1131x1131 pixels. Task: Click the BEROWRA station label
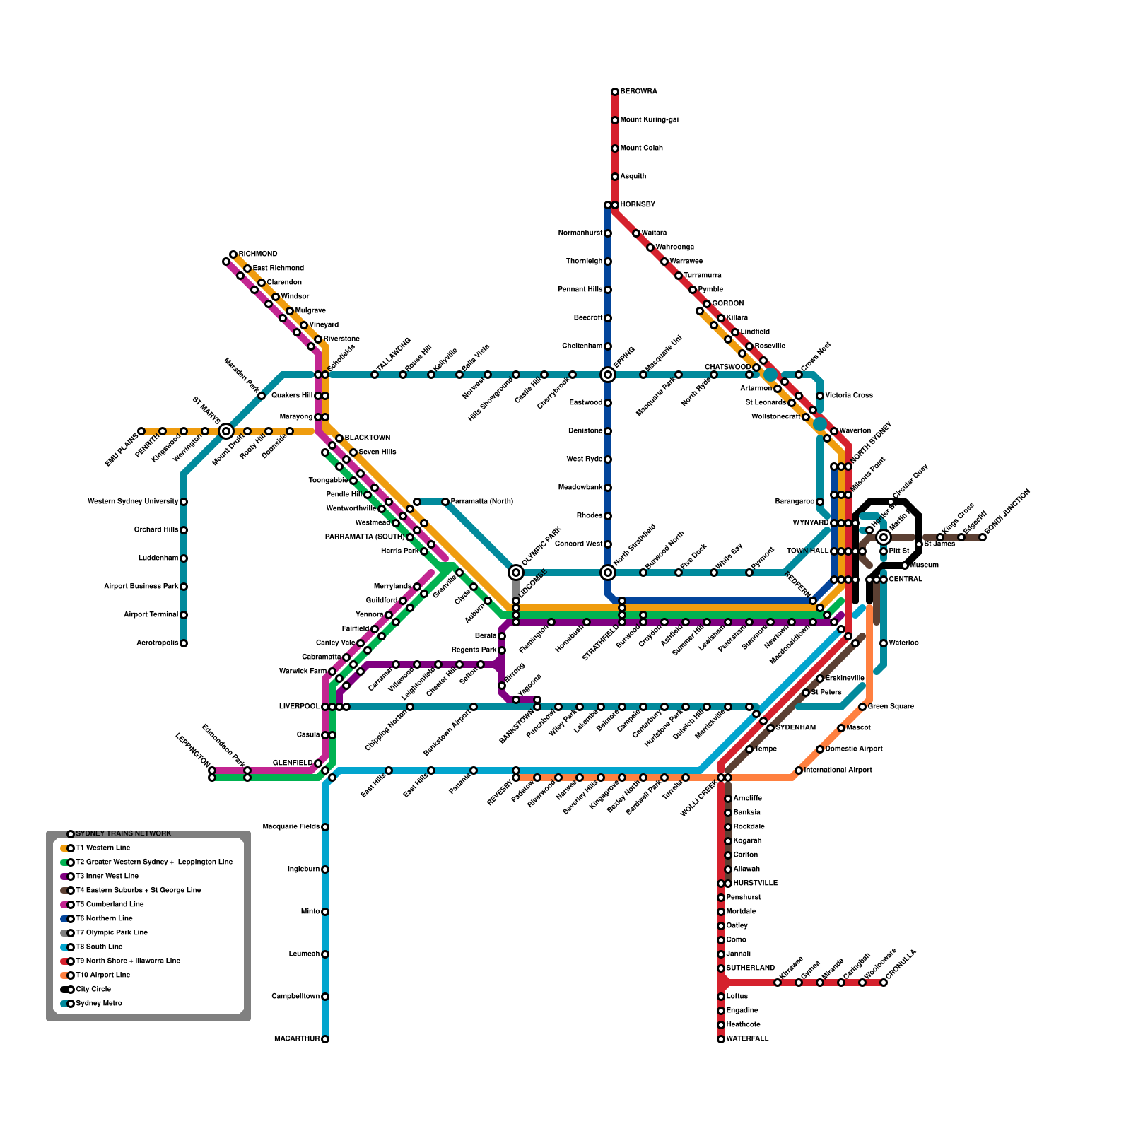pos(638,92)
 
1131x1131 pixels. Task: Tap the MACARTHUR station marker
pos(325,1039)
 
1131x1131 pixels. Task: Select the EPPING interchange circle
pos(608,375)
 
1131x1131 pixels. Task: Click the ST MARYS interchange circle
pos(226,431)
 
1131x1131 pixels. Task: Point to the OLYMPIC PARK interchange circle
pos(516,573)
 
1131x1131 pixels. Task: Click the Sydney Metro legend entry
pos(99,1004)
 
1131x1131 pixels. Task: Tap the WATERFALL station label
pos(747,1039)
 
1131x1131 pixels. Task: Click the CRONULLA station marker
pos(884,983)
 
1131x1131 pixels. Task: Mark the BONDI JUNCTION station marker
pos(983,537)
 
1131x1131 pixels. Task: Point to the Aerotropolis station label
pos(158,643)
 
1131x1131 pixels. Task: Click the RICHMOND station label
pos(258,254)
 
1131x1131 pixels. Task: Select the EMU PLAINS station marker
pos(141,431)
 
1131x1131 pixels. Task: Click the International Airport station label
pos(838,770)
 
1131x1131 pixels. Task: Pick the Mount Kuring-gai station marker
pos(615,120)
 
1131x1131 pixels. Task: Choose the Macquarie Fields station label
pos(291,827)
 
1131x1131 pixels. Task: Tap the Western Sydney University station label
pos(133,502)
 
